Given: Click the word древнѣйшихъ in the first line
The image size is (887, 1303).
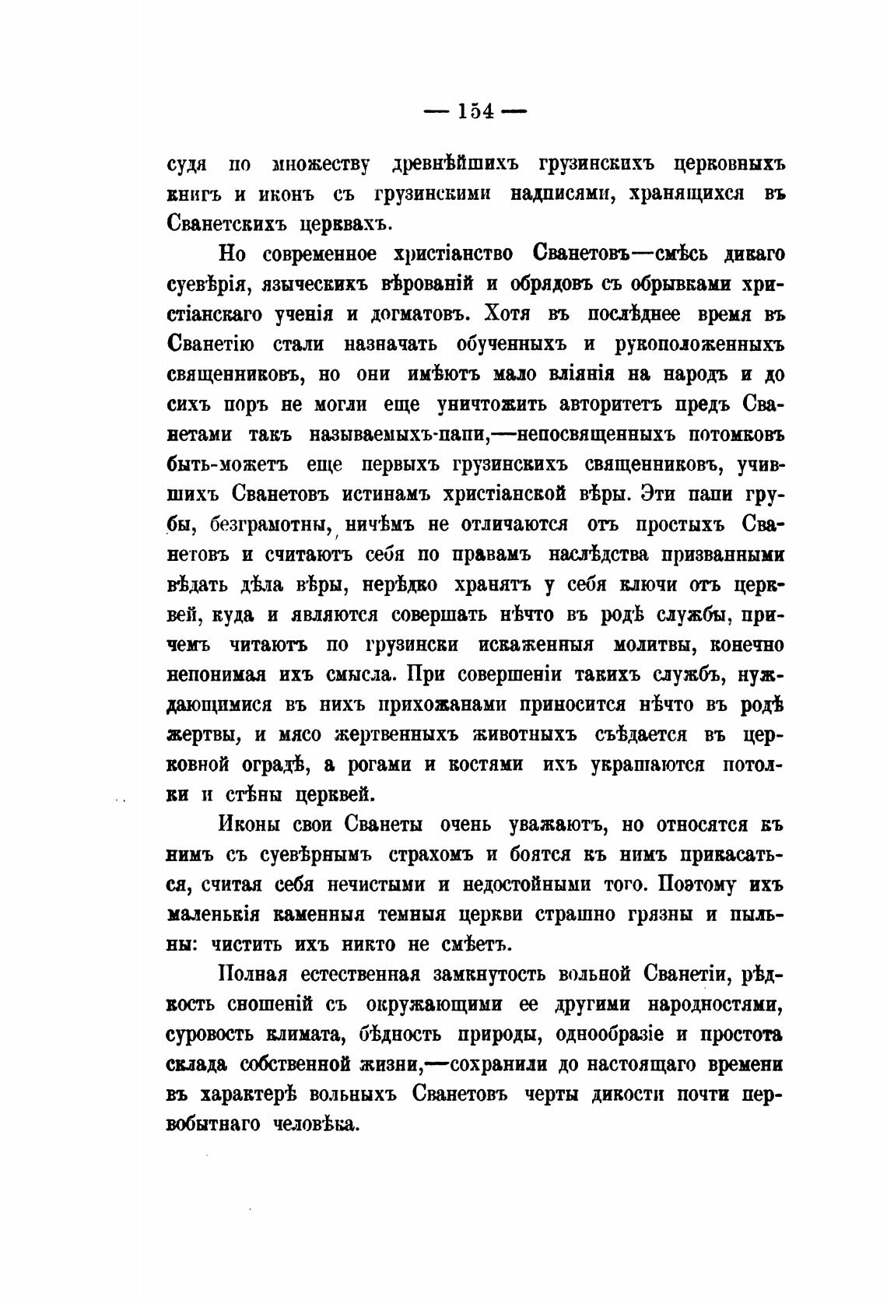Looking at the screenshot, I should tap(454, 165).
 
